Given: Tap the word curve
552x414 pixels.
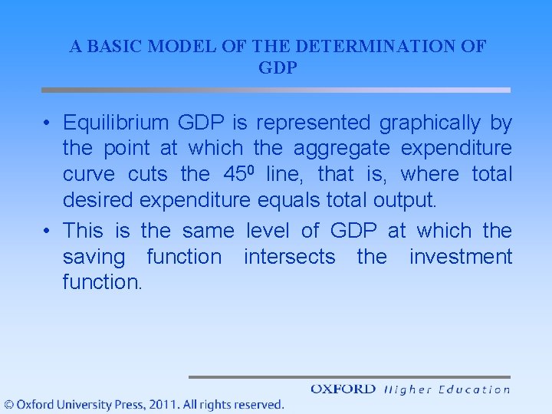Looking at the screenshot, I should [x=91, y=175].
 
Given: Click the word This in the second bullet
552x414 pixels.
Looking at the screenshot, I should [x=84, y=230].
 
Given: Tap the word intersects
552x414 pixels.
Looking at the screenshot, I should [x=289, y=256].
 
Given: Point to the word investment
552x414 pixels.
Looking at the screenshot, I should [x=460, y=256].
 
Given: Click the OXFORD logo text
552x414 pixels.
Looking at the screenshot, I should [x=343, y=389].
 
